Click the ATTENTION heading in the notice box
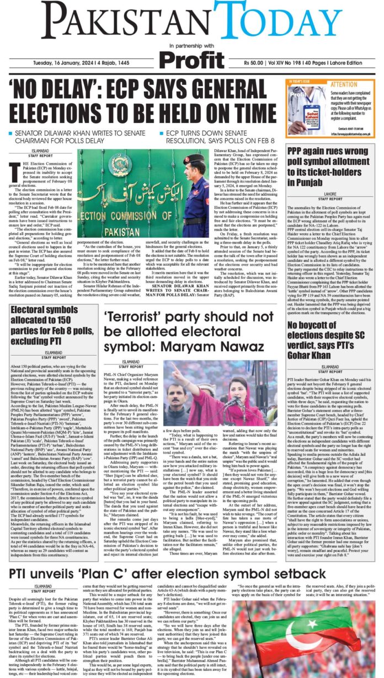[344, 85]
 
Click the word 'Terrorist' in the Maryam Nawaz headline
[137, 317]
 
